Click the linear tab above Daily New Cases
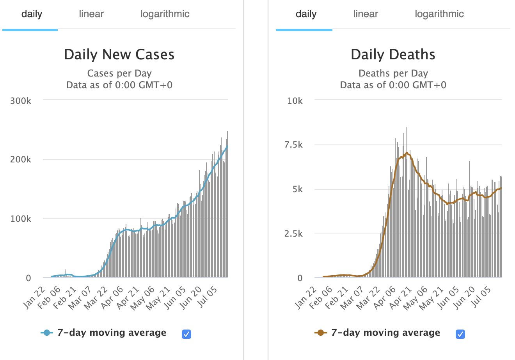(x=91, y=14)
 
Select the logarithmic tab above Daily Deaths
(x=439, y=14)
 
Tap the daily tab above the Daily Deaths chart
(x=306, y=14)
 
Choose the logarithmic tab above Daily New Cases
(x=165, y=14)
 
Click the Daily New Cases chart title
(x=119, y=55)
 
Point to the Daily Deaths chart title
(x=393, y=55)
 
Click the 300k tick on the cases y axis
(x=21, y=101)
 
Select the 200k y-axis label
(x=21, y=160)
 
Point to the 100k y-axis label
(x=21, y=219)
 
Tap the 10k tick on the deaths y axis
(x=295, y=101)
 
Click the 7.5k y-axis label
(x=293, y=145)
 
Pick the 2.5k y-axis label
(x=293, y=233)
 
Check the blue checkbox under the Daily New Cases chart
(x=186, y=334)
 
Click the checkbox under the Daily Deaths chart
(x=460, y=334)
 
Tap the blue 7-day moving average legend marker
(x=47, y=333)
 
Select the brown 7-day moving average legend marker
(x=321, y=333)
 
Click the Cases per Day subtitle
(x=119, y=73)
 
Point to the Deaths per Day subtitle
(x=393, y=73)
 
